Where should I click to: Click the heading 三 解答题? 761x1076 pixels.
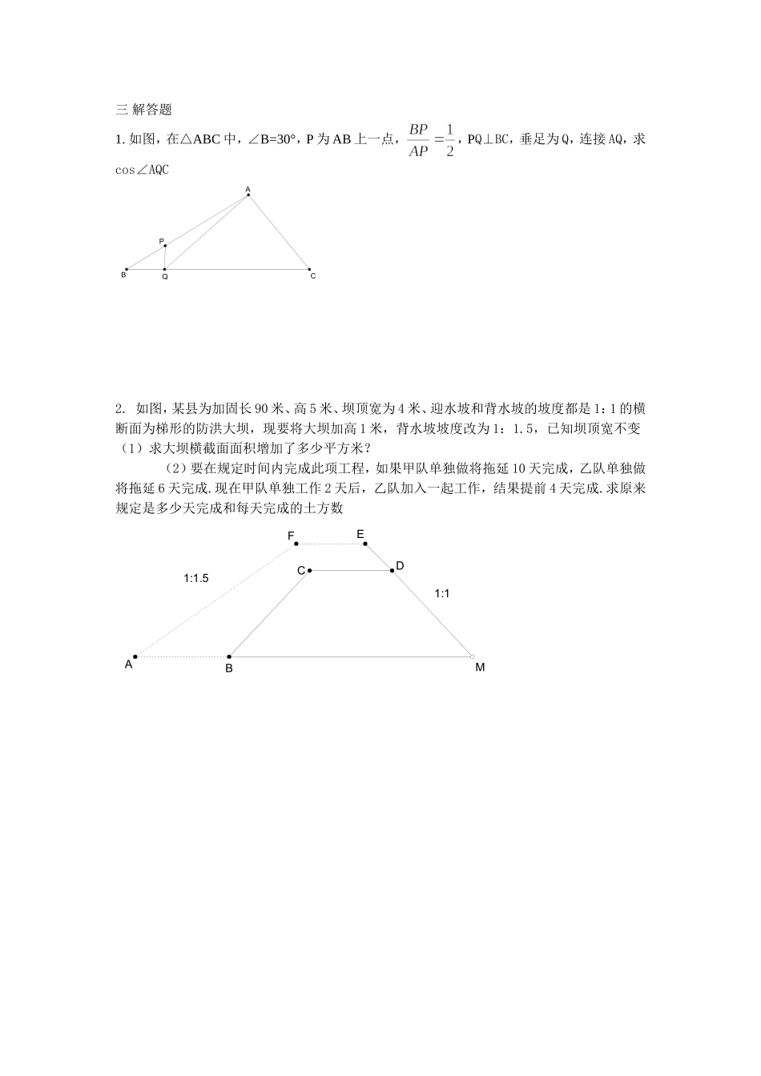(x=144, y=110)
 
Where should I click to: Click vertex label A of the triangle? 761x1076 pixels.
(x=248, y=189)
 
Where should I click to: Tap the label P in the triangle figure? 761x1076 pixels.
(x=161, y=241)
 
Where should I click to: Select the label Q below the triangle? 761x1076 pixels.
(x=165, y=276)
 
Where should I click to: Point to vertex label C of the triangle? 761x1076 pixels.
(x=313, y=276)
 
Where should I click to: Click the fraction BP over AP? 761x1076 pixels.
(x=418, y=140)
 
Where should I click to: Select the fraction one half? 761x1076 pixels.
(x=449, y=140)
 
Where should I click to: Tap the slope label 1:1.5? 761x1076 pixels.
(x=196, y=578)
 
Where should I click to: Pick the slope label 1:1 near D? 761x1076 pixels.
(x=442, y=594)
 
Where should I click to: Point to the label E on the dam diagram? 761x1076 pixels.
(x=360, y=534)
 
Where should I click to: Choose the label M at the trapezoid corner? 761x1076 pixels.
(x=480, y=667)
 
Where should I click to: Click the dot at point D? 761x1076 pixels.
(x=392, y=571)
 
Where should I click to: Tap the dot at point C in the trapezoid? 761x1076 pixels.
(x=309, y=571)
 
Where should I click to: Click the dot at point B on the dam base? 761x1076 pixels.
(x=229, y=656)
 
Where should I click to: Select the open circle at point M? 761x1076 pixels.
(x=473, y=656)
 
